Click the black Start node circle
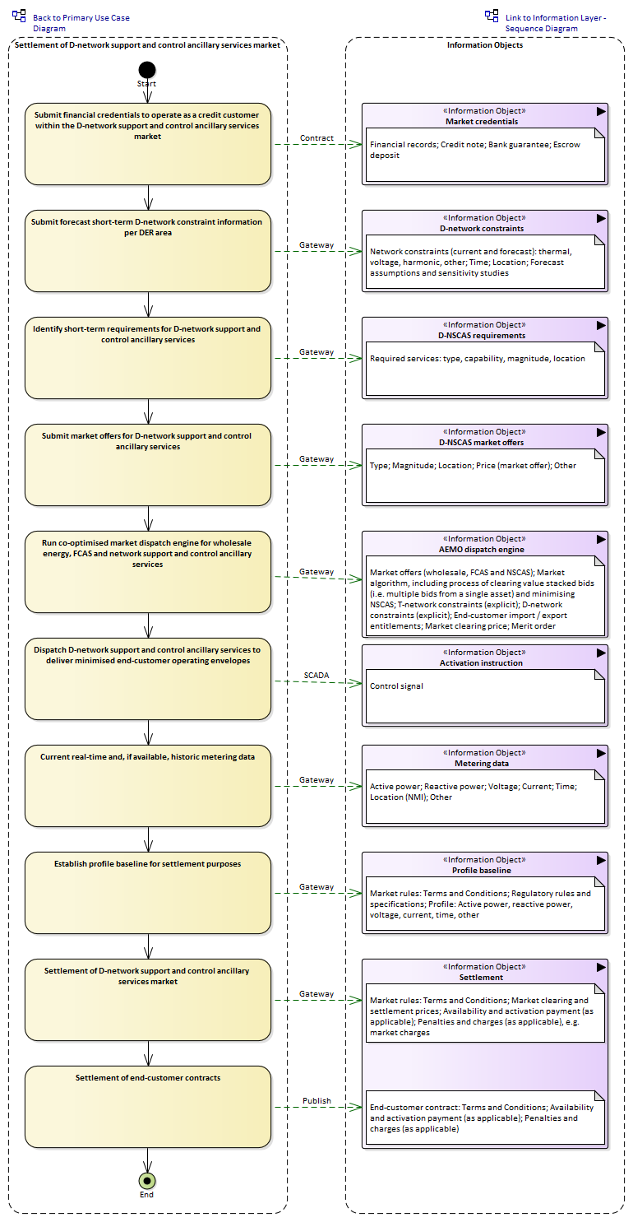coord(147,70)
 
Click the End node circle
coord(146,1181)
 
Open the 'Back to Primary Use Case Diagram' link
coord(81,23)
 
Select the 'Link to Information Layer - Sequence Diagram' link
coord(555,23)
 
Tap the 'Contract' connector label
coord(316,138)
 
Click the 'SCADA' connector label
coord(316,676)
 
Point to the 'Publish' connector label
coord(316,1101)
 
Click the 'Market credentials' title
coord(482,122)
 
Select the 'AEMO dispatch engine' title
coord(482,550)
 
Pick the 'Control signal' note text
coord(396,686)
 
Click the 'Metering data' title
coord(482,764)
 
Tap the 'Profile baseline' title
coord(482,871)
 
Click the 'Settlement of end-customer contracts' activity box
coord(148,1107)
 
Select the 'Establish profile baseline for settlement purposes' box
coord(148,893)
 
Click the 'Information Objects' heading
coord(485,45)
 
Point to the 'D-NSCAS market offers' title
coord(482,443)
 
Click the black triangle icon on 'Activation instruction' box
coord(601,653)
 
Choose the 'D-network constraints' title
coord(482,229)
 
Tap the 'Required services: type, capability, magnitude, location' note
coord(478,359)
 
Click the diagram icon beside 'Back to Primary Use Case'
coord(19,16)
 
